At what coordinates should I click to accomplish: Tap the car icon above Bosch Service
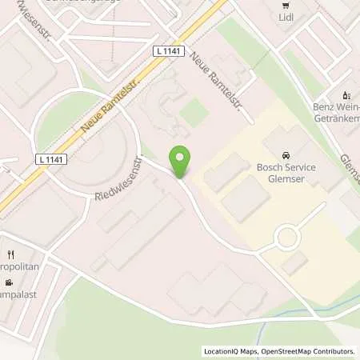click(x=286, y=153)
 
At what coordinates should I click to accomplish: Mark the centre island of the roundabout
click(x=286, y=238)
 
